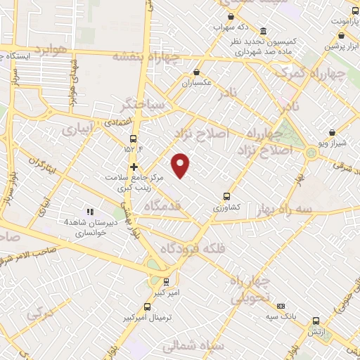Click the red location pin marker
coord(181,165)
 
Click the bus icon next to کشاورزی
coord(226,197)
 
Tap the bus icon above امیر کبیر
coord(167,282)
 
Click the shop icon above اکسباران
coord(196,72)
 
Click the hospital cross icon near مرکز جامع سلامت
coord(133,167)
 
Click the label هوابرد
coord(51,51)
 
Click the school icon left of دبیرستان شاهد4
coord(89,211)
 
